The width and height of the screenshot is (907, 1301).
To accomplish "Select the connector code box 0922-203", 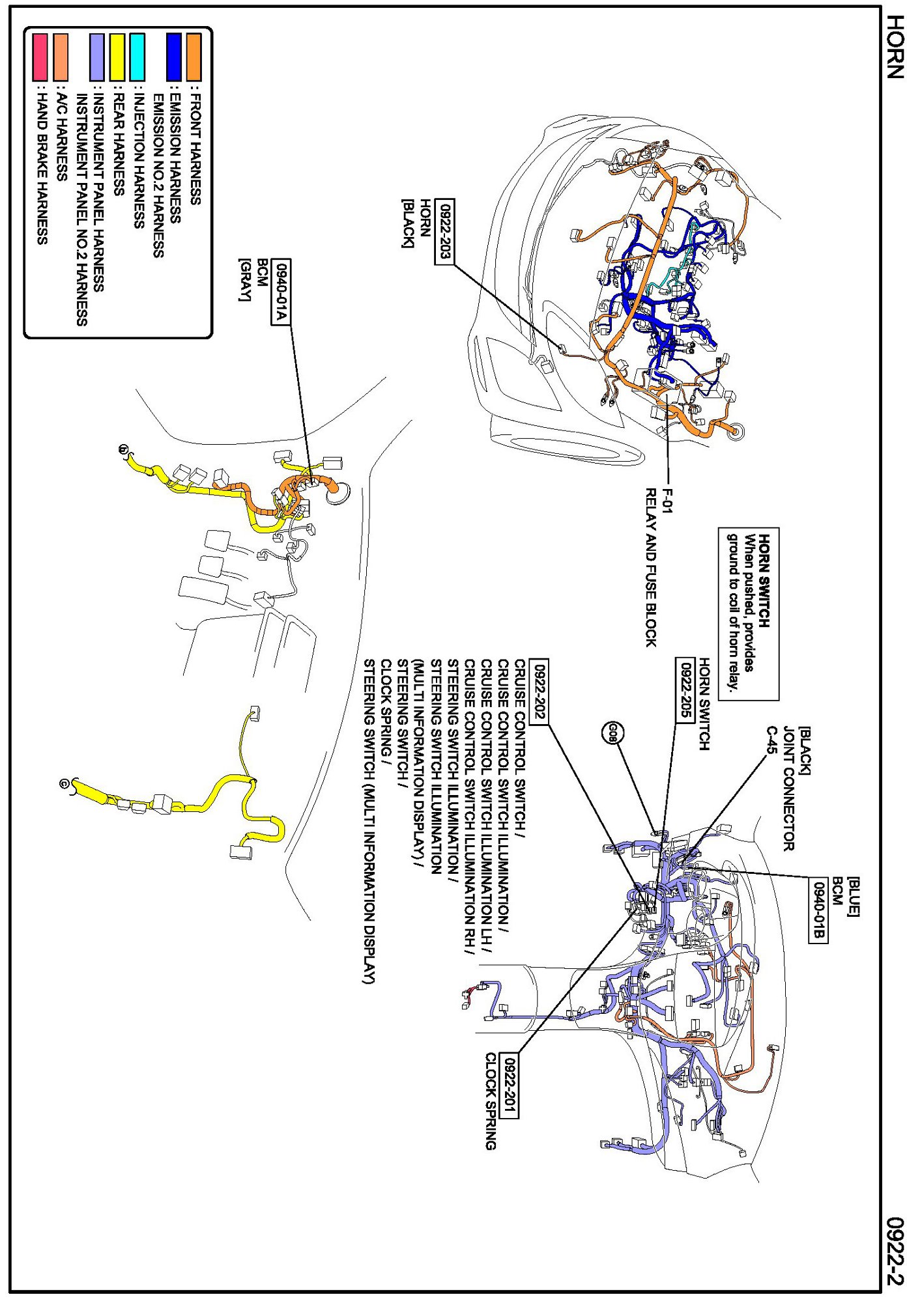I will pyautogui.click(x=444, y=232).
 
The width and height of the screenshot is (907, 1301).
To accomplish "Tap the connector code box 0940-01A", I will pyautogui.click(x=281, y=291).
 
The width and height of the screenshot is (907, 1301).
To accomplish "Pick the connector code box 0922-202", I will pyautogui.click(x=539, y=691).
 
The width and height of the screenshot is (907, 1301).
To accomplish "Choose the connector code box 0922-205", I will pyautogui.click(x=684, y=689).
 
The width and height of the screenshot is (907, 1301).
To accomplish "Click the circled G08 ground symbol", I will pyautogui.click(x=612, y=734).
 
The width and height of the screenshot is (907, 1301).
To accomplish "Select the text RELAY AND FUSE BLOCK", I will pyautogui.click(x=650, y=567).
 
